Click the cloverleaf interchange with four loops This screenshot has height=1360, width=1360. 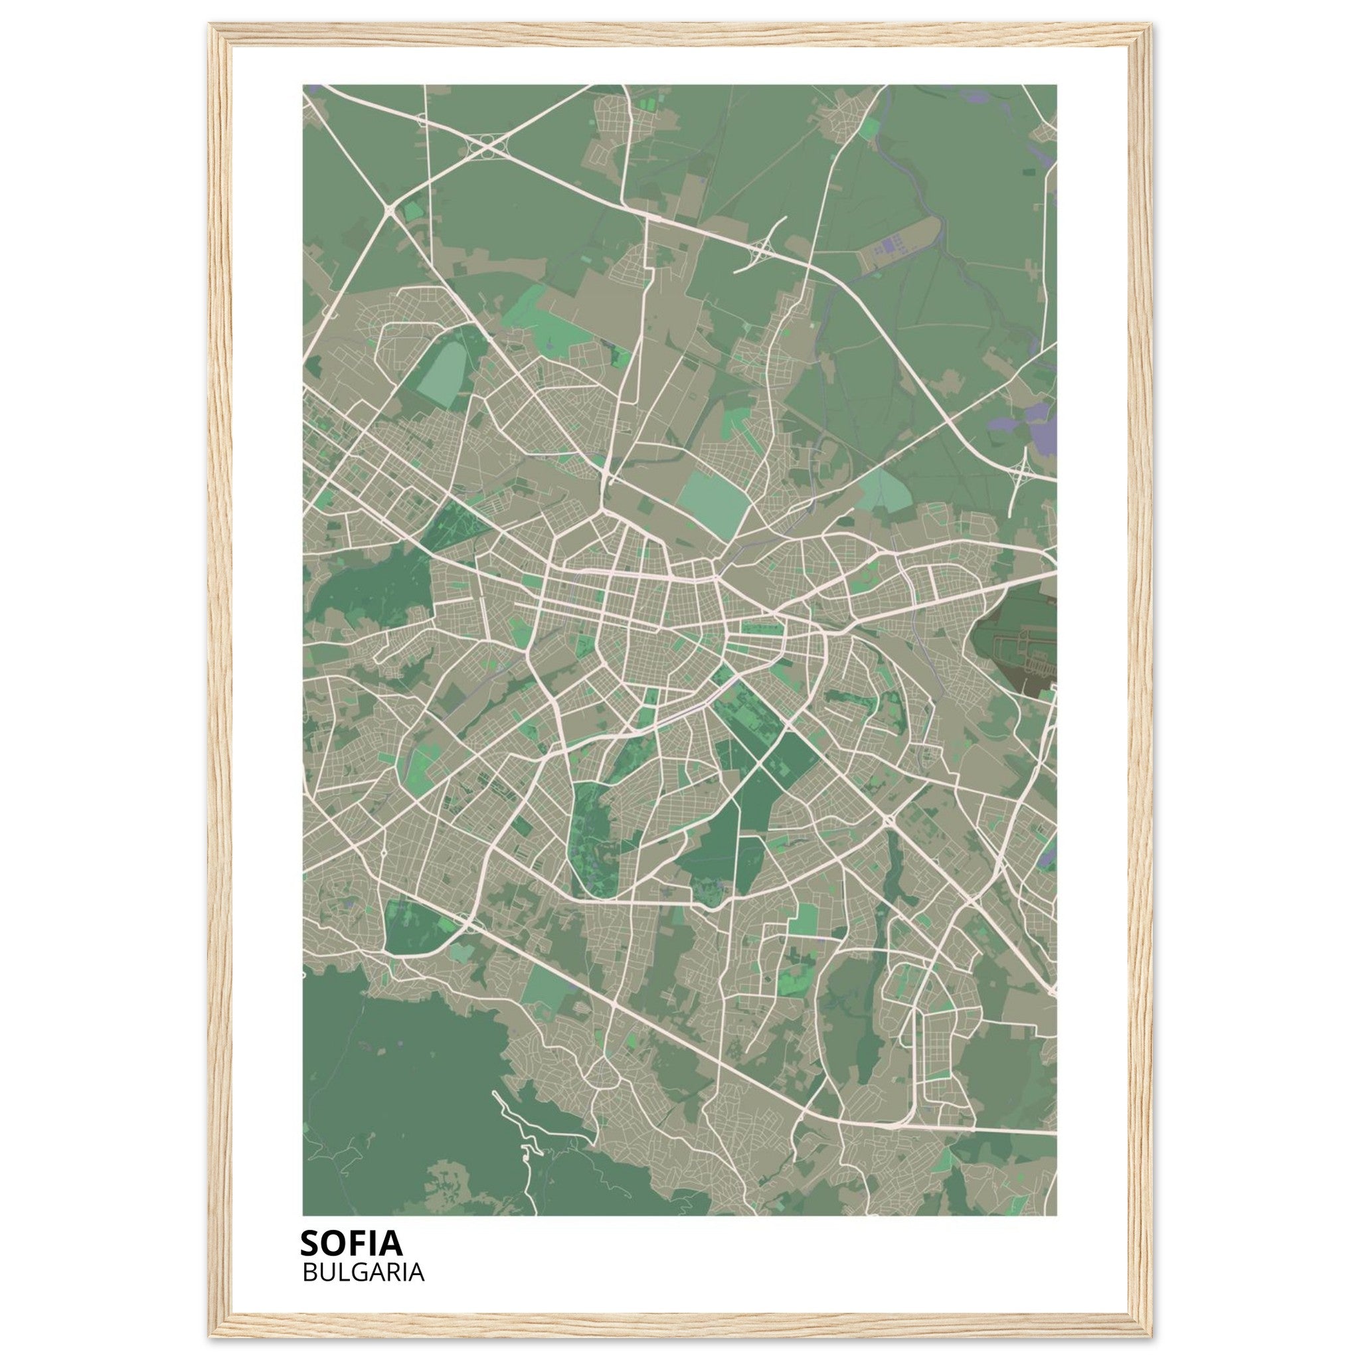click(488, 145)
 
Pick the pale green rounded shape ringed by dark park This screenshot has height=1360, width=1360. click(444, 367)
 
